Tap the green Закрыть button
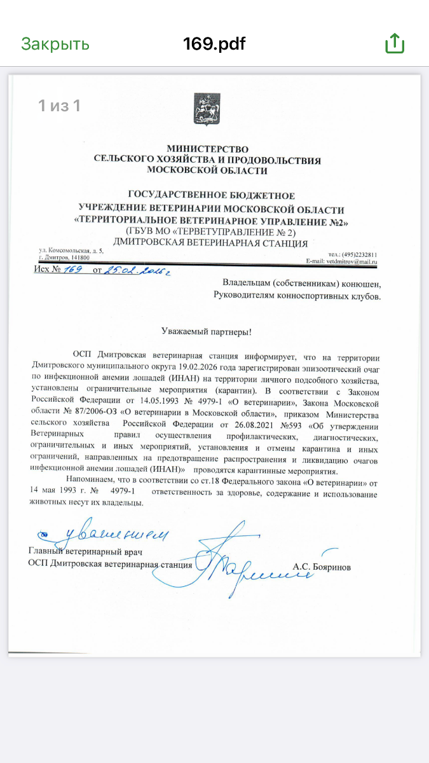click(55, 44)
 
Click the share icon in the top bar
click(395, 43)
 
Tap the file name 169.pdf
click(214, 44)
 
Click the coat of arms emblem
click(207, 109)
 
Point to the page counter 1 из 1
click(59, 106)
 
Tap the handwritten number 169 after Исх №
click(75, 270)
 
